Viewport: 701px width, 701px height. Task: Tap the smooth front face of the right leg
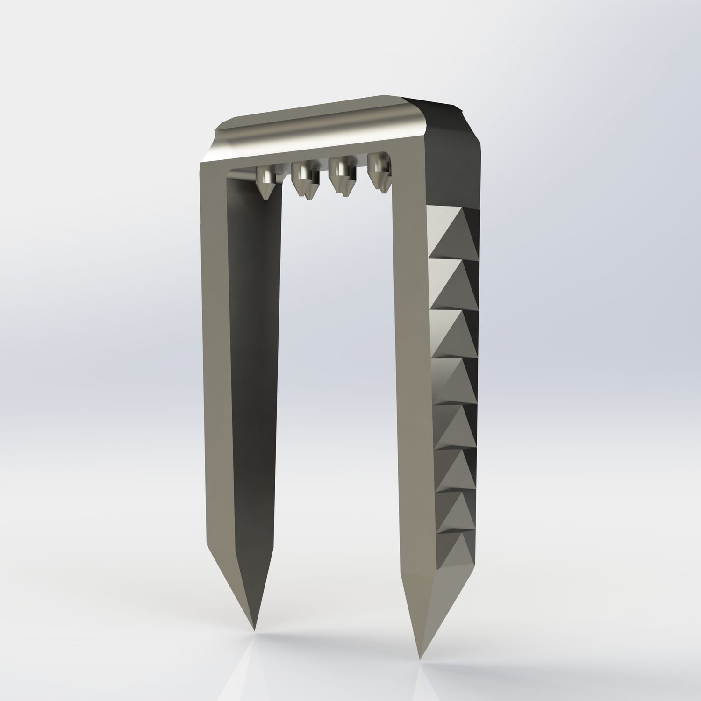coord(411,374)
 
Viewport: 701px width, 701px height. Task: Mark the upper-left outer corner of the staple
coord(202,162)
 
